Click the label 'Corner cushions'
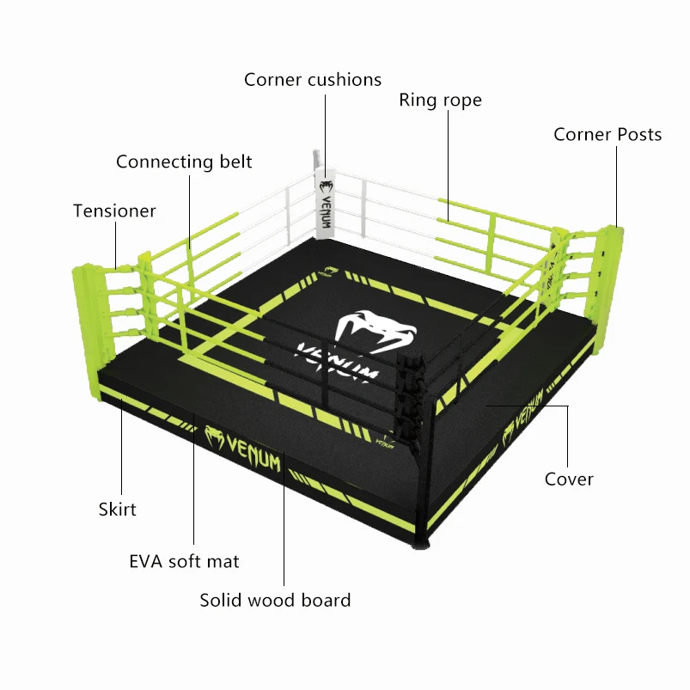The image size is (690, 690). (312, 80)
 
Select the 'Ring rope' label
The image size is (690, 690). (440, 101)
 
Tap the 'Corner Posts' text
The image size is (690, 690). (608, 135)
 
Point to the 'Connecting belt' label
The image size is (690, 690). (184, 162)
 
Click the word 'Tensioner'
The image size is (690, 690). (114, 211)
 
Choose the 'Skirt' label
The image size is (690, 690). (117, 510)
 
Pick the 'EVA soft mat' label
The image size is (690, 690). (184, 562)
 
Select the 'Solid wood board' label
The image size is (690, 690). (275, 601)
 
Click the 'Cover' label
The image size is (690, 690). (569, 479)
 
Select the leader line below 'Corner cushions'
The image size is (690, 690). (326, 129)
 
